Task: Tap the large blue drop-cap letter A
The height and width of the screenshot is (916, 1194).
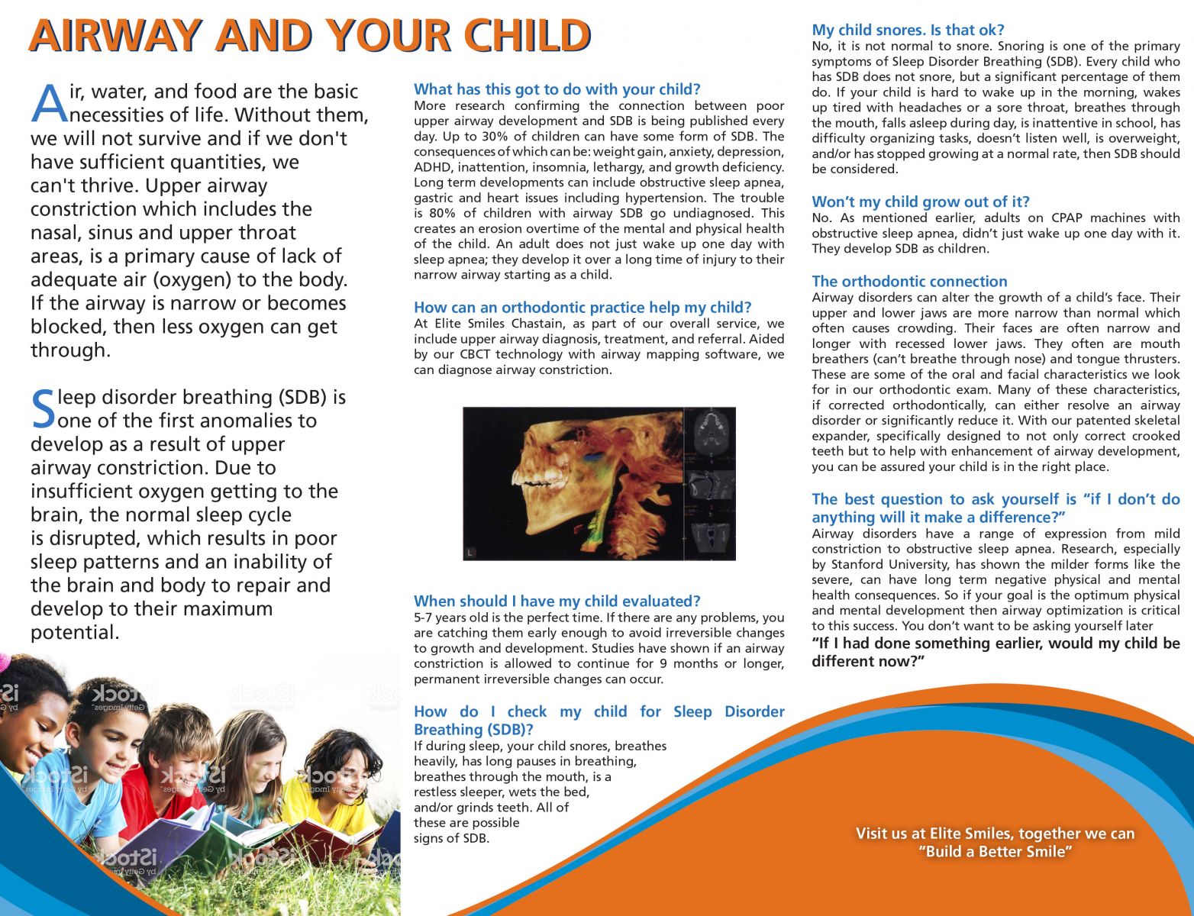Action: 49,104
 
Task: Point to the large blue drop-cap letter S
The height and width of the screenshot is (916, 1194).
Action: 44,409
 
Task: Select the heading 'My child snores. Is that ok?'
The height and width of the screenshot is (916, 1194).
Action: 908,30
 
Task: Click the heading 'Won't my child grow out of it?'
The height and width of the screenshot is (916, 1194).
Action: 920,202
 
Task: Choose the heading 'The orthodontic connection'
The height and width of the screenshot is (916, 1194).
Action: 909,281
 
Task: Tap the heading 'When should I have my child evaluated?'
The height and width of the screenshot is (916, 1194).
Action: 557,601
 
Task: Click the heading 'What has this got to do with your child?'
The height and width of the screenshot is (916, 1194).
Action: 557,89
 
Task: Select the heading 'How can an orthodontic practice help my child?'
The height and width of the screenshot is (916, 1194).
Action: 582,307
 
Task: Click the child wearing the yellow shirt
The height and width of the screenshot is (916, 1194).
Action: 347,779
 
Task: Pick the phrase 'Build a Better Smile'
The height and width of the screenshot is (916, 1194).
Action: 995,852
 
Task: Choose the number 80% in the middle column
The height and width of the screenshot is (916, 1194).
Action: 442,213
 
